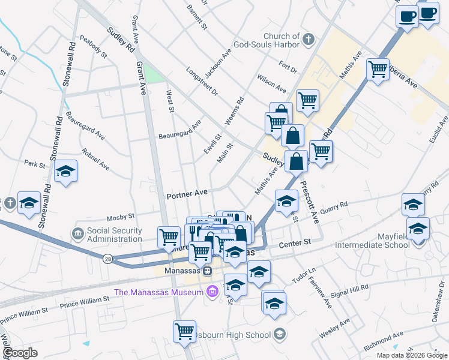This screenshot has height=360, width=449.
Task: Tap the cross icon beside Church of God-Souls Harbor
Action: click(309, 40)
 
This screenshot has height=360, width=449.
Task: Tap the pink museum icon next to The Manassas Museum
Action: click(211, 293)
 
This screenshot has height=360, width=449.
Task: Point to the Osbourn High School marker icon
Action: click(279, 334)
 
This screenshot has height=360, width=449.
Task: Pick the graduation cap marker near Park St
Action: click(66, 172)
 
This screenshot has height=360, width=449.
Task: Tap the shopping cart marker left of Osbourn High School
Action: click(184, 331)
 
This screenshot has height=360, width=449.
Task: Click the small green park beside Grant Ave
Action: click(154, 75)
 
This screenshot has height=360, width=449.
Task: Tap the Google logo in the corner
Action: click(20, 352)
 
